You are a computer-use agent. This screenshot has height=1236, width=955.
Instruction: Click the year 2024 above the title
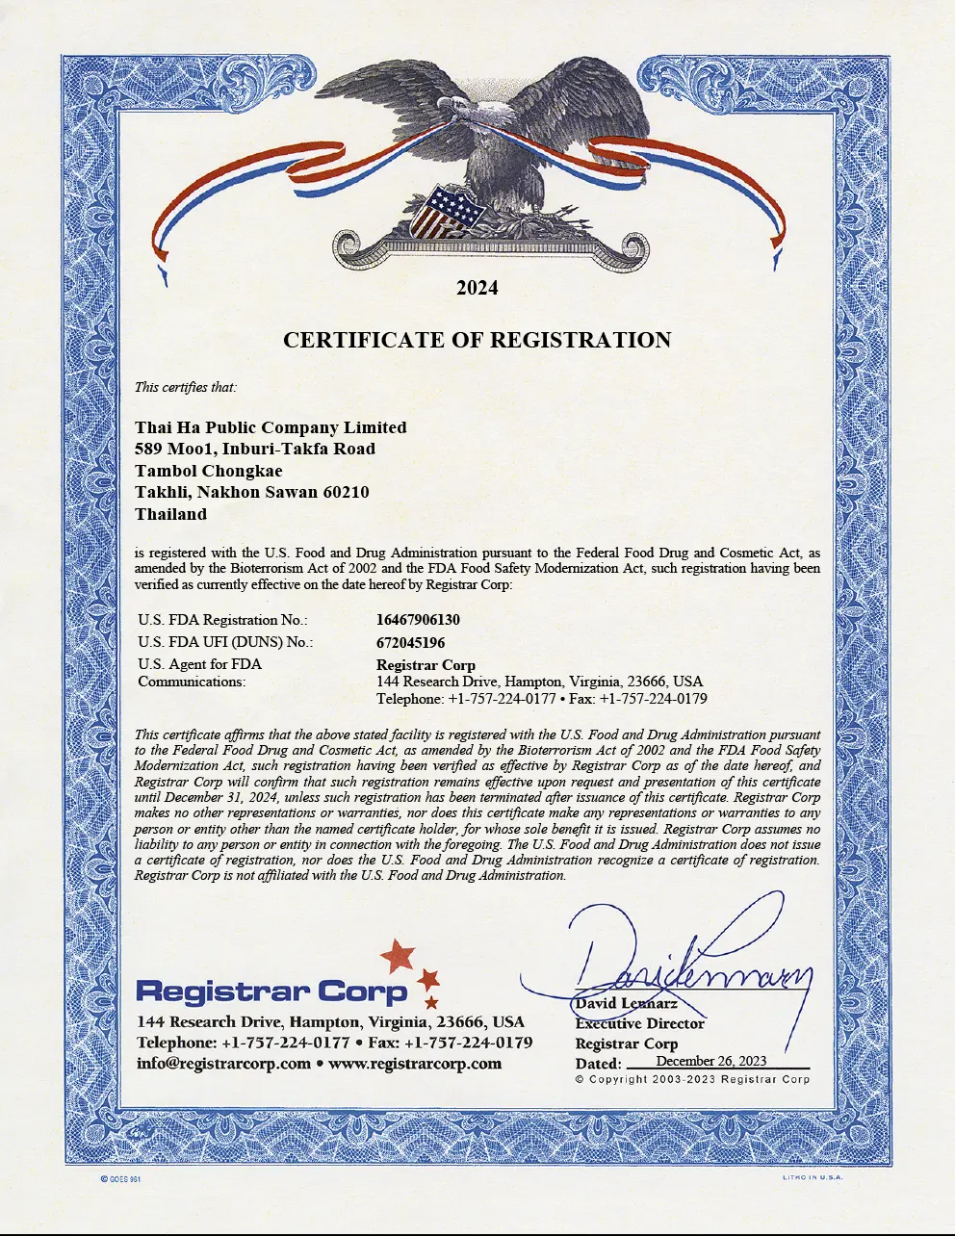477,288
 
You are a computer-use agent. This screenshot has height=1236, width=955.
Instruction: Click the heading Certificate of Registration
477,340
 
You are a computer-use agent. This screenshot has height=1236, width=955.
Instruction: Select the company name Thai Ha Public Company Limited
271,427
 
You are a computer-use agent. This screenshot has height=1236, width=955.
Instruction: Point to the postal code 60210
346,492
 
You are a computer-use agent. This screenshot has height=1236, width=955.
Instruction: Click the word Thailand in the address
170,514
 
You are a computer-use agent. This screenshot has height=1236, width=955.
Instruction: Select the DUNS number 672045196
411,643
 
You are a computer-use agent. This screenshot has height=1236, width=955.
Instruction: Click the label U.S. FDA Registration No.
222,621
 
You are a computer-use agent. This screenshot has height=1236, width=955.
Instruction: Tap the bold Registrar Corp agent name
426,665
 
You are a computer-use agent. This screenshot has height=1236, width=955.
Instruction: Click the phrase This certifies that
185,388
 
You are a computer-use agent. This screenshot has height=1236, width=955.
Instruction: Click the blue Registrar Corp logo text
272,991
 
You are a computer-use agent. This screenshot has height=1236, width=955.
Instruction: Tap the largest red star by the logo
398,956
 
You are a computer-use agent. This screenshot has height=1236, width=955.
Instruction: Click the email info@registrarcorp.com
223,1064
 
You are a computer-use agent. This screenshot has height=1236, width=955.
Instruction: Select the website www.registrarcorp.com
415,1064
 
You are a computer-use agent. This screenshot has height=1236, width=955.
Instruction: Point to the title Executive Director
639,1023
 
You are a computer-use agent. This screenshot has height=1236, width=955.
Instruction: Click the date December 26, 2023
710,1061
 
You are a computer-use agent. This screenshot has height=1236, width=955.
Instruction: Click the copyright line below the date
692,1079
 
